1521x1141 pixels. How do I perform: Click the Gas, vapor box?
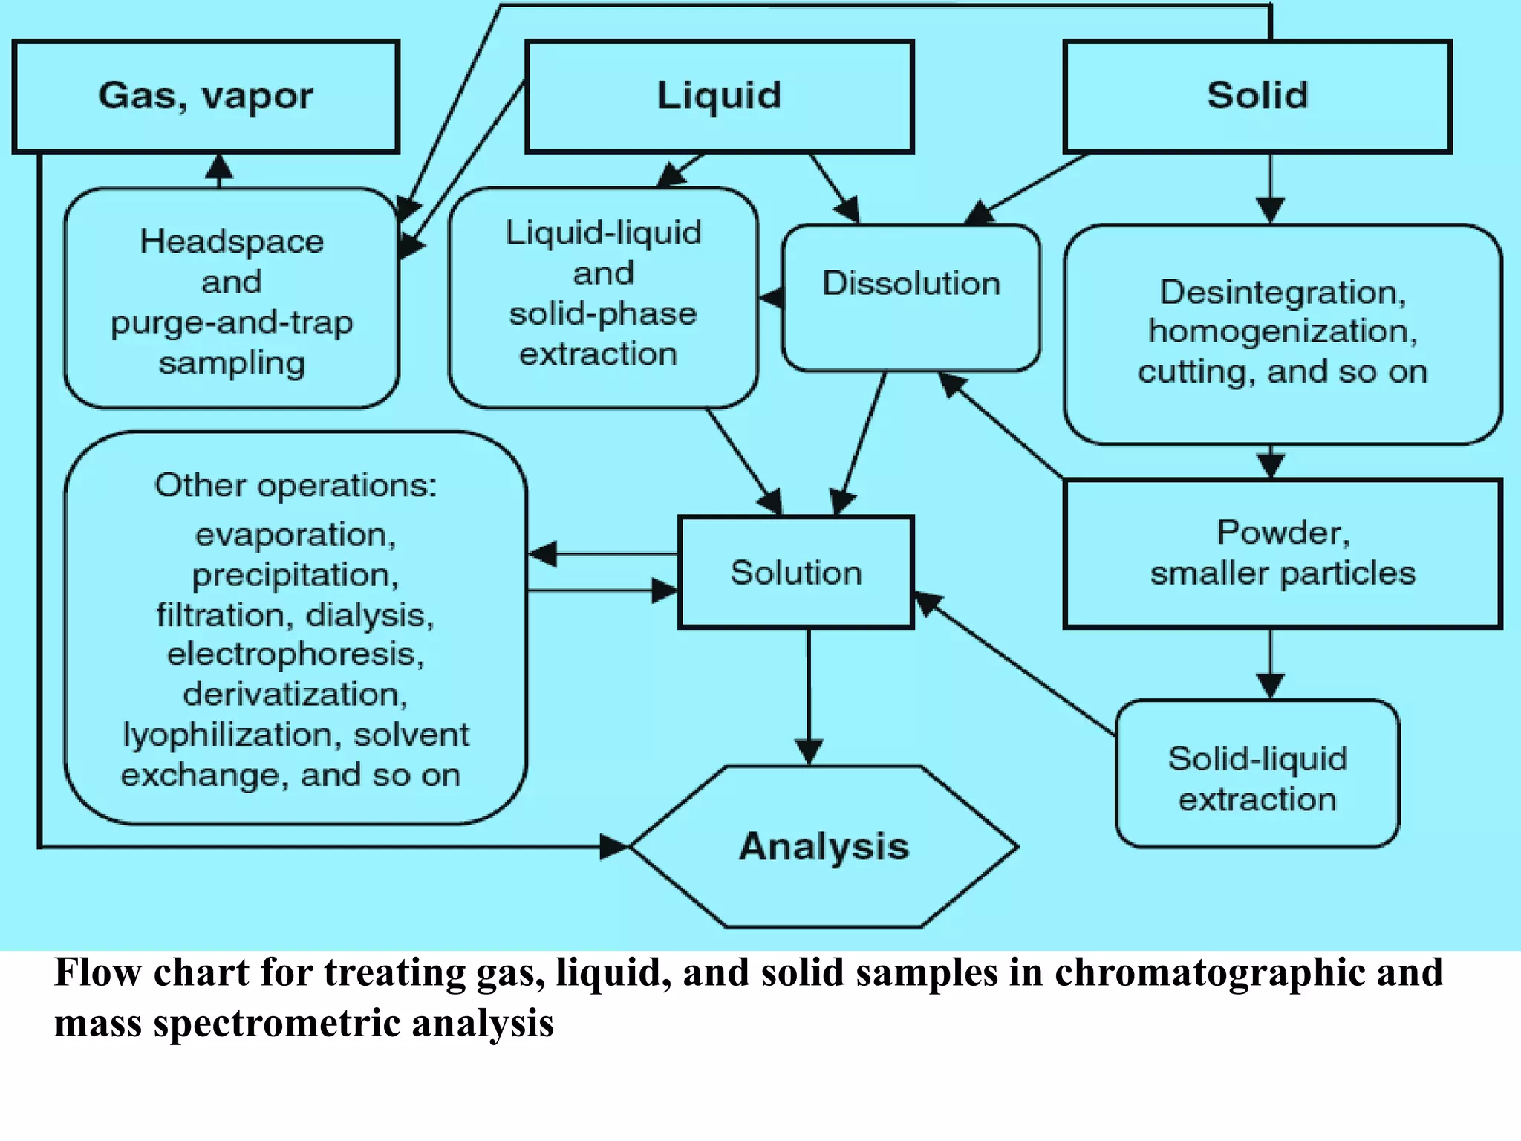tap(206, 97)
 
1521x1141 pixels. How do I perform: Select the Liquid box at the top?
tap(719, 97)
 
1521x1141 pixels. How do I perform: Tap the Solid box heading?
tap(1257, 97)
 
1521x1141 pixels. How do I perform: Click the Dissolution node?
tap(911, 297)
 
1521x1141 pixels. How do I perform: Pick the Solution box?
tap(795, 573)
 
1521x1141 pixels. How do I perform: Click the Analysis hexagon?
tap(824, 847)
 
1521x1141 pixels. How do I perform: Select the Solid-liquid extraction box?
tap(1257, 773)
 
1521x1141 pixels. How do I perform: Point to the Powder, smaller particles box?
tap(1283, 553)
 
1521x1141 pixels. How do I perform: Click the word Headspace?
tap(232, 241)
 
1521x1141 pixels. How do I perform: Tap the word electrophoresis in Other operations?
tap(295, 654)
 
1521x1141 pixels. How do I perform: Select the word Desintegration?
tap(1283, 292)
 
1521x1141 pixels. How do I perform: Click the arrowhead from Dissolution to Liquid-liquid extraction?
tap(769, 298)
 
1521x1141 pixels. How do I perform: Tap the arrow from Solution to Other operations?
tap(602, 554)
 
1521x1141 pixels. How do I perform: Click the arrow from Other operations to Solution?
tap(602, 591)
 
